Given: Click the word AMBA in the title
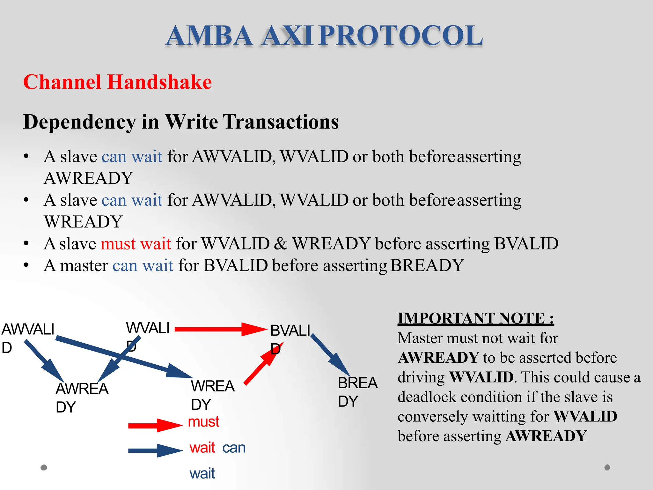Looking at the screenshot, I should click(x=209, y=36).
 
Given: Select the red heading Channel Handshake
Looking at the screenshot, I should click(x=117, y=82).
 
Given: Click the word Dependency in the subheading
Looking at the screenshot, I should click(x=79, y=122).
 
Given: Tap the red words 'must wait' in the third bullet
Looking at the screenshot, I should click(x=136, y=244).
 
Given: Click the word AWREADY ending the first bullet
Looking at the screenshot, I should click(x=88, y=178).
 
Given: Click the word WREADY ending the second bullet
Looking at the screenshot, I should click(x=83, y=222).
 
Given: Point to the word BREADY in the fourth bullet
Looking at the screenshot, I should click(x=427, y=265).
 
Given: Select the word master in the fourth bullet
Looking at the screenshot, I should click(x=84, y=265).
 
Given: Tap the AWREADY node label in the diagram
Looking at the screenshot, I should click(x=82, y=397).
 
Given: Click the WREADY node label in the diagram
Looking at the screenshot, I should click(x=212, y=395).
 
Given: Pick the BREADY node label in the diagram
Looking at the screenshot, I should click(x=357, y=391).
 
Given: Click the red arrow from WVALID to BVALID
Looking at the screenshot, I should click(x=220, y=329).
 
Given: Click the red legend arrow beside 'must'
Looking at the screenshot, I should click(x=154, y=425).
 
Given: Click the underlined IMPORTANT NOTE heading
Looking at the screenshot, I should click(x=475, y=318).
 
